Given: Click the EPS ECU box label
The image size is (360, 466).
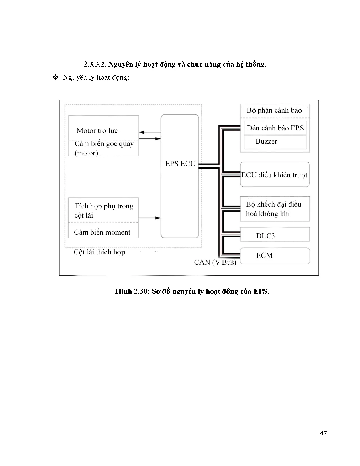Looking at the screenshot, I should (x=180, y=164).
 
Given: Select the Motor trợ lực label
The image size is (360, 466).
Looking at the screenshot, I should (x=97, y=131).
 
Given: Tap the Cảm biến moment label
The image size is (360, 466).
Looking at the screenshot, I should (x=102, y=232).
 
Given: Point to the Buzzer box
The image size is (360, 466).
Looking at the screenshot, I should (x=266, y=141).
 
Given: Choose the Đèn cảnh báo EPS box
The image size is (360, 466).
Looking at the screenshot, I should (x=275, y=128).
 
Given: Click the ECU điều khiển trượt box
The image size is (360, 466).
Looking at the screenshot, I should (x=274, y=175).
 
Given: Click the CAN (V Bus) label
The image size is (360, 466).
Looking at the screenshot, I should (x=215, y=262).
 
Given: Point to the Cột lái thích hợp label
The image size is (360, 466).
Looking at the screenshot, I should (x=99, y=252).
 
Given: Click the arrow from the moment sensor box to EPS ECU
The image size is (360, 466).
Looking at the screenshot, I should (x=149, y=218).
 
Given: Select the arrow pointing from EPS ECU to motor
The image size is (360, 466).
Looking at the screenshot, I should (x=150, y=132).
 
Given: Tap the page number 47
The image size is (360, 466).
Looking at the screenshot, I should (x=324, y=433).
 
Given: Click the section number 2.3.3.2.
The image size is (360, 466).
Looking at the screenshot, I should (x=95, y=64).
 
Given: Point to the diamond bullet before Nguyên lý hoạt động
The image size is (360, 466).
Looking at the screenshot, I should (x=55, y=77).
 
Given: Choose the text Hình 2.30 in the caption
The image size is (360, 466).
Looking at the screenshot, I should (x=132, y=291).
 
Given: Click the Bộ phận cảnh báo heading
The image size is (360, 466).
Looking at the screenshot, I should (x=274, y=110).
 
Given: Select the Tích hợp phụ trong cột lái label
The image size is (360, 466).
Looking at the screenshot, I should (x=104, y=211).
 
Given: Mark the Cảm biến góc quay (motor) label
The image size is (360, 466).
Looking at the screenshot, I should (x=104, y=148).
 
